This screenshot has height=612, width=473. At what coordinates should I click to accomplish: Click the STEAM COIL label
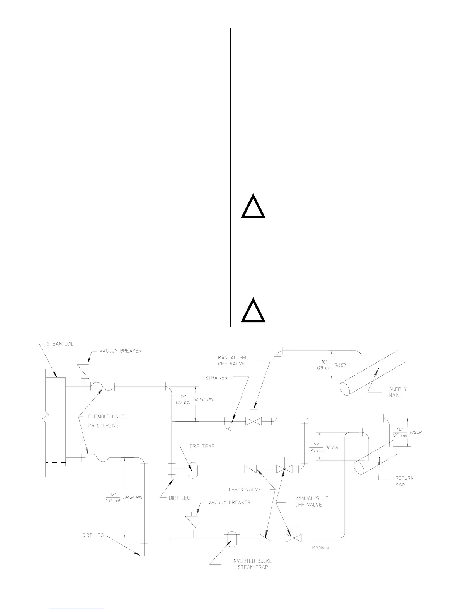point(60,344)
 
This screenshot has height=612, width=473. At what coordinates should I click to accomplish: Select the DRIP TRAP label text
point(202,446)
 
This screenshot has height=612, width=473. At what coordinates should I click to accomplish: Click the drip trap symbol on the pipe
point(192,470)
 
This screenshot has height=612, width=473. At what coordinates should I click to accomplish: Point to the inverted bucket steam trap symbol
point(232,538)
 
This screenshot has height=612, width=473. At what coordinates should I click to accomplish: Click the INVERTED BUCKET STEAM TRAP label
point(254,564)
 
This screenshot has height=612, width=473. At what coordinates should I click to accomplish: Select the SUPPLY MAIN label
point(397,392)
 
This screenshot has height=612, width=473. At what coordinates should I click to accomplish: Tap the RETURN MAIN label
point(405,481)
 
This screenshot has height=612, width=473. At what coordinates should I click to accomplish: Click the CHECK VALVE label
point(245,490)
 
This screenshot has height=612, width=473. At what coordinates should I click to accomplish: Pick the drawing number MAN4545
point(322,547)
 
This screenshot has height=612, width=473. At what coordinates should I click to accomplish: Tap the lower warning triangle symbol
point(253,311)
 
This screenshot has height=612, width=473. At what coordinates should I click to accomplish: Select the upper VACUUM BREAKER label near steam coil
point(121,351)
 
